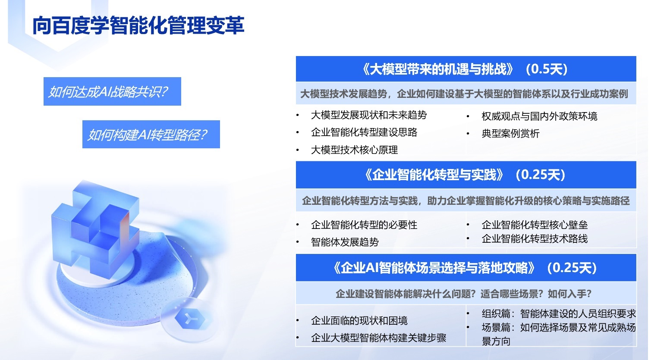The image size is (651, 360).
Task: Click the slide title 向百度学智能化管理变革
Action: point(138,25)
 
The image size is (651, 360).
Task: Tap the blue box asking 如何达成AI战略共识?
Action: point(112,91)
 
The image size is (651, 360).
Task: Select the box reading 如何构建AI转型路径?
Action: point(151,134)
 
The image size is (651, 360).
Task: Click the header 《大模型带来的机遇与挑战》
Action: point(438,69)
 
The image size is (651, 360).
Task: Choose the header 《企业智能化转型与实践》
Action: point(434,175)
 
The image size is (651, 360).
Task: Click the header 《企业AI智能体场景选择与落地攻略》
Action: point(434,268)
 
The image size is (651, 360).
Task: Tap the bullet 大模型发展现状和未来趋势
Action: point(369,115)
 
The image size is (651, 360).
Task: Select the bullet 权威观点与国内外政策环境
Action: point(539,116)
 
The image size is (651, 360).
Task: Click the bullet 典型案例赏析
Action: point(511,133)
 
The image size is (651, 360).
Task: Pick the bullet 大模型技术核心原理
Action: point(354,150)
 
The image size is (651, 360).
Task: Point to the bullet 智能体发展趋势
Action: point(345,242)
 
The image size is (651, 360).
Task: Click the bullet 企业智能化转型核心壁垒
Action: point(535,225)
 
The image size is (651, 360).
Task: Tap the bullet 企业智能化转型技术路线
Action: point(535,238)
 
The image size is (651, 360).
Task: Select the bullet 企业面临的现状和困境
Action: point(359,320)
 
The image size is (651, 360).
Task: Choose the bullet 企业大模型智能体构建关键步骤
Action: point(378,338)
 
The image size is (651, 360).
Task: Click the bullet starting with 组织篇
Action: point(559,313)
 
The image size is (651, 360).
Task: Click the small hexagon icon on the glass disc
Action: point(190,319)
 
